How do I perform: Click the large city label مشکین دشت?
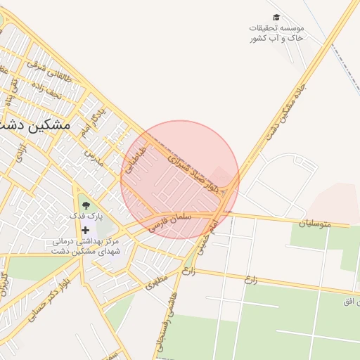[37, 125]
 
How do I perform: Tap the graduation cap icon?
[276, 17]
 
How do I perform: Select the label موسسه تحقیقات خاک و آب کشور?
[276, 32]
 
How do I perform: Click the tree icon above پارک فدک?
[86, 205]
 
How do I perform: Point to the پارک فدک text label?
[86, 217]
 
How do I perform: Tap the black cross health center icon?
[86, 230]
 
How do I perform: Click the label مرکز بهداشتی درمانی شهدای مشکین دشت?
[86, 246]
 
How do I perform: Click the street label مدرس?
[94, 157]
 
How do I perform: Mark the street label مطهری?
[158, 282]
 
